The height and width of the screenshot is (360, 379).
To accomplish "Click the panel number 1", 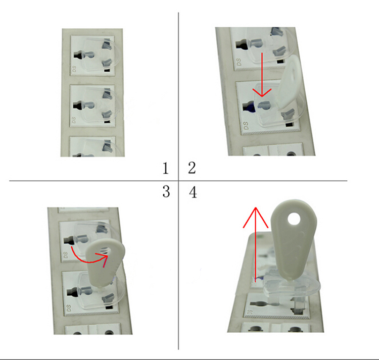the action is (165, 168).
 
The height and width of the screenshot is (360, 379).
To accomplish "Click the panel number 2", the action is (192, 168).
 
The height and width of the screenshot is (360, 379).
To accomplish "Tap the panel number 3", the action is (166, 192).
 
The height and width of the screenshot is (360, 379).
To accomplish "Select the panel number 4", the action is (193, 193).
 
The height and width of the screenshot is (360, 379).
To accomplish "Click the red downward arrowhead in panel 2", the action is (262, 92).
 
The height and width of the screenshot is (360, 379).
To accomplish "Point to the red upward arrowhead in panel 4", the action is (256, 217).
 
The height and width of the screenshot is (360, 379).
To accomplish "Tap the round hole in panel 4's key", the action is (294, 219).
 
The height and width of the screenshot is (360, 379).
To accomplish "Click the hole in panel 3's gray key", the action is (106, 251).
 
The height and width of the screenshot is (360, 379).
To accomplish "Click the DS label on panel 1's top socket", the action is (74, 69).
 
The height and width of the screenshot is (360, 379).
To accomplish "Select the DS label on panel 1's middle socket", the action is (74, 120).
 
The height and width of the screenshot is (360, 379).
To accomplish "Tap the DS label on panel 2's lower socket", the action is (246, 126).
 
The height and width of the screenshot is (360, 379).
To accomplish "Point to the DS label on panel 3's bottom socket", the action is (69, 308).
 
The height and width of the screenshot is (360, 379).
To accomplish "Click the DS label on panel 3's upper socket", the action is (66, 255).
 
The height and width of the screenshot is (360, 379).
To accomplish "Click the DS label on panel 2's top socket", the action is (239, 62).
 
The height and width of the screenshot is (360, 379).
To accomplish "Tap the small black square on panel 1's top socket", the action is (107, 71).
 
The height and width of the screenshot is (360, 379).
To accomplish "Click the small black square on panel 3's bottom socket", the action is (109, 307).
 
